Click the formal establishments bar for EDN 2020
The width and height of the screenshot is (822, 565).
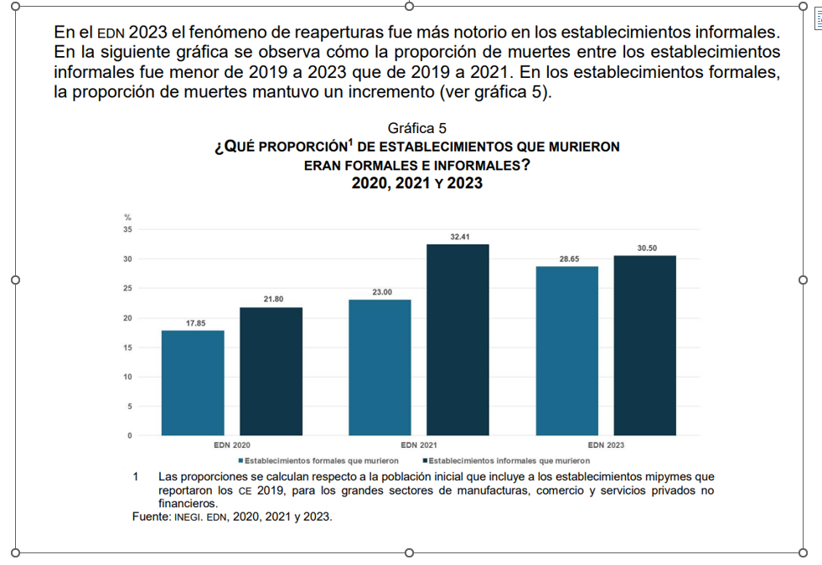tap(193, 383)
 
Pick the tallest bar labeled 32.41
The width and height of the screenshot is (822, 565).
tap(458, 339)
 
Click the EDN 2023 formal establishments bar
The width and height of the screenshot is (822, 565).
tap(567, 351)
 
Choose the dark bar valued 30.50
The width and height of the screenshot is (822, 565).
tap(645, 345)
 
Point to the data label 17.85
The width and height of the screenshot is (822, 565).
tap(194, 322)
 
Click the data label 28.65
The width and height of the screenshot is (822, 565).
tap(569, 259)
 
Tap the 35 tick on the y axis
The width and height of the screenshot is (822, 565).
tap(127, 229)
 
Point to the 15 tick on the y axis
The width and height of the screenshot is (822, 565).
tap(127, 347)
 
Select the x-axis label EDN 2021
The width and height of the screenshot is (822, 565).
tap(419, 445)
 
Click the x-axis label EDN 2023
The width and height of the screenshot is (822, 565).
tap(606, 445)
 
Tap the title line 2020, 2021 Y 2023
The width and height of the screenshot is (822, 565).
tap(416, 183)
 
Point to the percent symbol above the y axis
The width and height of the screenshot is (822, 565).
tap(127, 218)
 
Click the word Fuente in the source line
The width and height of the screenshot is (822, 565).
tap(151, 517)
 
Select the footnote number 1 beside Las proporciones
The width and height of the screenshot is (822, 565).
tap(135, 477)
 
